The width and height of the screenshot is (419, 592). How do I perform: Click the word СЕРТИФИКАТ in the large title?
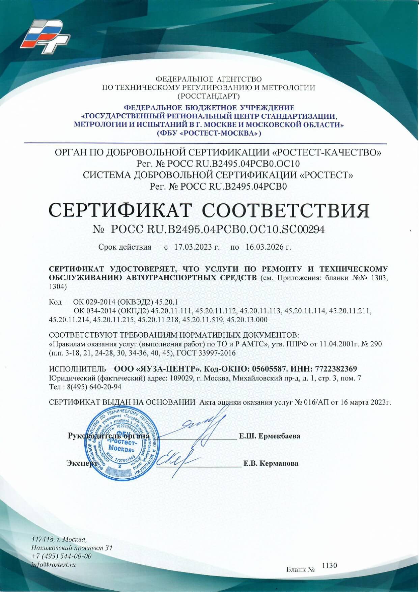pyautogui.click(x=120, y=210)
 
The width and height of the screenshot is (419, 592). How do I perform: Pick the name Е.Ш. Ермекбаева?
pyautogui.click(x=270, y=436)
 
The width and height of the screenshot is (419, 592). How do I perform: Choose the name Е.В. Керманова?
pyautogui.click(x=271, y=463)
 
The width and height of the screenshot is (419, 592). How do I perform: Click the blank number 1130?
pyautogui.click(x=329, y=565)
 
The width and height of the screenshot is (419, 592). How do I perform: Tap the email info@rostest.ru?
pyautogui.click(x=53, y=564)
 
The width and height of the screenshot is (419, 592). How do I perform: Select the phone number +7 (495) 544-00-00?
pyautogui.click(x=61, y=556)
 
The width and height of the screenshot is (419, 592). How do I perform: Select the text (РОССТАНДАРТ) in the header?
pyautogui.click(x=209, y=96)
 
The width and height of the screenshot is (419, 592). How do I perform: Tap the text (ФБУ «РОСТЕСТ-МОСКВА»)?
pyautogui.click(x=209, y=133)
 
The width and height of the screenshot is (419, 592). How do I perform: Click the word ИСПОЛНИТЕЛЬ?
pyautogui.click(x=78, y=369)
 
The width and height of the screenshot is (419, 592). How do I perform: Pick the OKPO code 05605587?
pyautogui.click(x=270, y=369)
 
